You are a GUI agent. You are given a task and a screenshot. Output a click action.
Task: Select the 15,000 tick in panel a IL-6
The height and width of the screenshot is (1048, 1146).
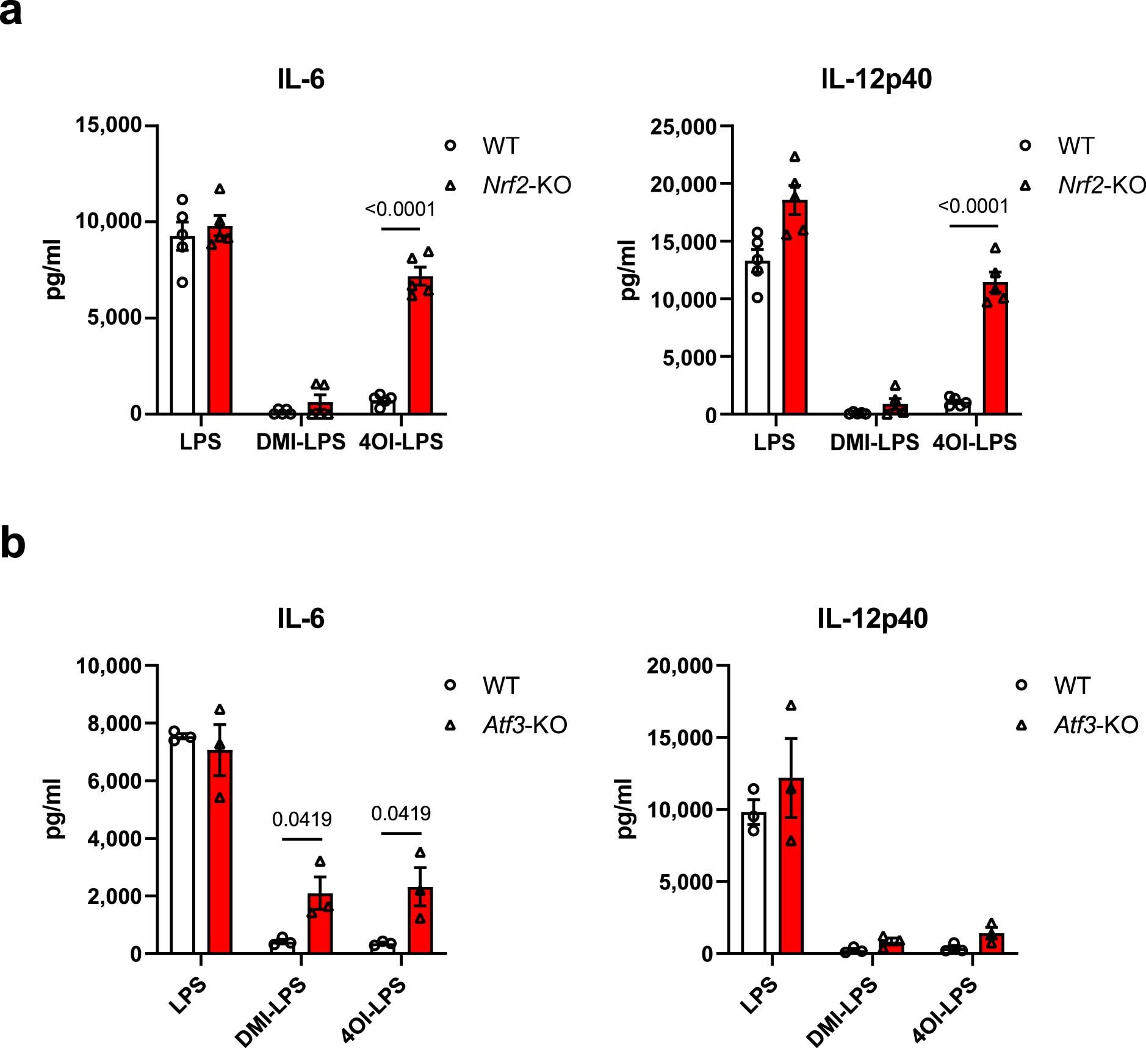tap(108, 125)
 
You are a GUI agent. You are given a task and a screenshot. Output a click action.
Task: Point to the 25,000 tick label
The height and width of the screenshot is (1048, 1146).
tap(683, 127)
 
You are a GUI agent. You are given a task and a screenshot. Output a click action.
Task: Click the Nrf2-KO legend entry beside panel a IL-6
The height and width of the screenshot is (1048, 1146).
tap(526, 185)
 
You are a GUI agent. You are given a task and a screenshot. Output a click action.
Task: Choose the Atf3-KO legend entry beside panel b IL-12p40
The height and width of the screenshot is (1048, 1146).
tap(1095, 725)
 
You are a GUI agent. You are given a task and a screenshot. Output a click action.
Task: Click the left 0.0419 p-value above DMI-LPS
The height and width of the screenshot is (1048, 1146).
tap(301, 819)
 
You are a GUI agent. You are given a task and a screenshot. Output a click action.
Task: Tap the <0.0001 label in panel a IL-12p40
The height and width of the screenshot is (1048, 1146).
tap(973, 206)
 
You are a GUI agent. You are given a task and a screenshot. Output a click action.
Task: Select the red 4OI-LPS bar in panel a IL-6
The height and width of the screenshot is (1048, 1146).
tap(420, 348)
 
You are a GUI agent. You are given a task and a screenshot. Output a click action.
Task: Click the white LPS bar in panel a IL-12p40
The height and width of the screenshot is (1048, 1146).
tap(757, 339)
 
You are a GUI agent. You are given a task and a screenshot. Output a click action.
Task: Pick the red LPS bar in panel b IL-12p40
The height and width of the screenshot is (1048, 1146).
tap(791, 867)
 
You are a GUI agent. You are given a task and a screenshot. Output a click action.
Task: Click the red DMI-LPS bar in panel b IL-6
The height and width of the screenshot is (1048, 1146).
tap(320, 925)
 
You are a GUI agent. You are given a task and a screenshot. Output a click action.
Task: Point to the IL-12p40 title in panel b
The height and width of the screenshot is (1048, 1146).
tap(872, 618)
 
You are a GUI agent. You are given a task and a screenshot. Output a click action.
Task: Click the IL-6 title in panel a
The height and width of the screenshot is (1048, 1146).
tap(300, 79)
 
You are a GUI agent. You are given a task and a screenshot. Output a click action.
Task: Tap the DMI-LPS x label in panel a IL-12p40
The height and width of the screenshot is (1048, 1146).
tap(874, 442)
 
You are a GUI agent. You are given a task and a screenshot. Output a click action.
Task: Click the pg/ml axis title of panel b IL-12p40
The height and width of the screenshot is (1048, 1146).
tap(626, 808)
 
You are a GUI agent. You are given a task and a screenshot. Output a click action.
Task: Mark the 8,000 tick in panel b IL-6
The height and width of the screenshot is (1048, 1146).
tap(114, 723)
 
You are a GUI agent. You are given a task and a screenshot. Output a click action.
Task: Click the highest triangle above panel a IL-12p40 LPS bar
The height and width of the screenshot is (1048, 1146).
tap(795, 157)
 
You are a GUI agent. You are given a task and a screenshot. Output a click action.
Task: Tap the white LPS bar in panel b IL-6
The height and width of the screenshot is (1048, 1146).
tap(182, 845)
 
